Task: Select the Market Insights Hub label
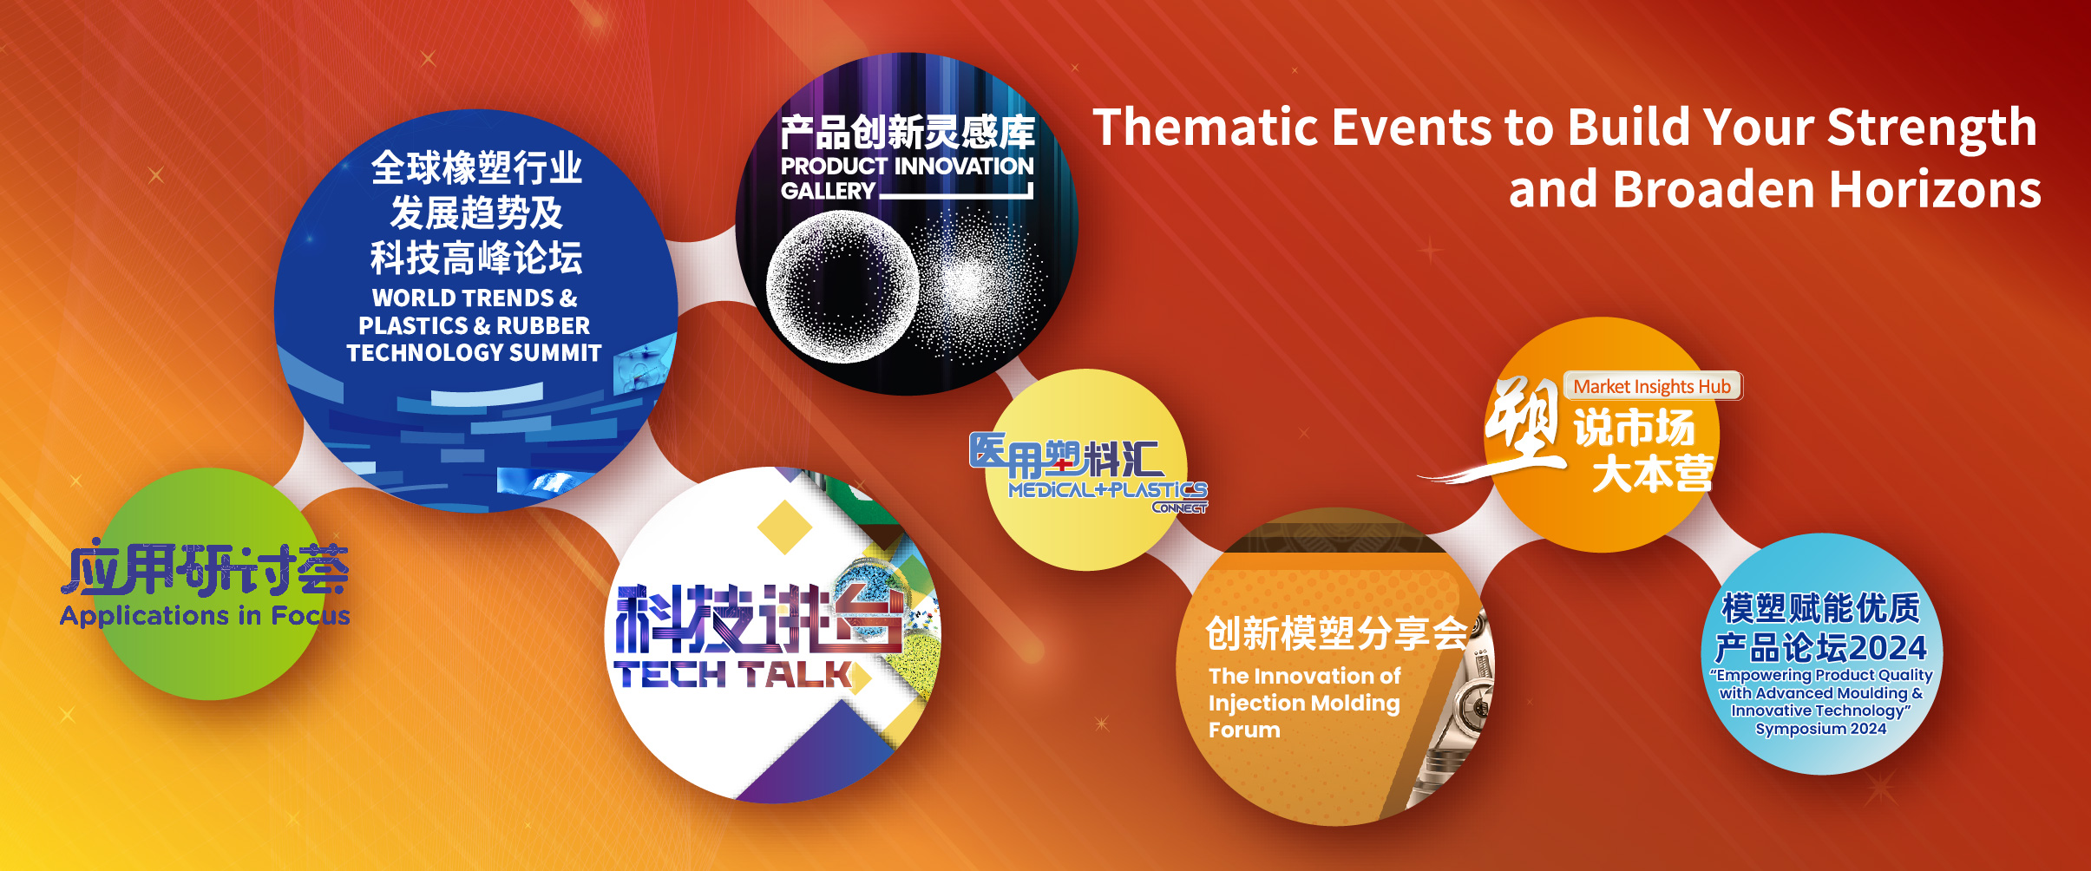pos(1652,387)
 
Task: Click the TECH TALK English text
pos(733,674)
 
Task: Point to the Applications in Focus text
pos(205,615)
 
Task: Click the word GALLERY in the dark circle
pos(828,191)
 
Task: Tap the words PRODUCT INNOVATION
pos(907,166)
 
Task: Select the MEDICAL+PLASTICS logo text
pos(1107,490)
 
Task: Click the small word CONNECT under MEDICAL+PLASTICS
pos(1179,508)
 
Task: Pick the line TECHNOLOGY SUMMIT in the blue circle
pos(474,353)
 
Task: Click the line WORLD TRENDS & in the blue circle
pos(475,298)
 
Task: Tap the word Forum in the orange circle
pos(1244,730)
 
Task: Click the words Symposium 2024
pos(1820,729)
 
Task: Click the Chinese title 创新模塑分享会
pos(1336,633)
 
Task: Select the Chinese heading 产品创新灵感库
pos(908,133)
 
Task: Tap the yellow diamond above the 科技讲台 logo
pos(784,526)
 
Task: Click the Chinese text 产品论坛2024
pos(1820,648)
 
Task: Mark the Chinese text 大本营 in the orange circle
pos(1653,474)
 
